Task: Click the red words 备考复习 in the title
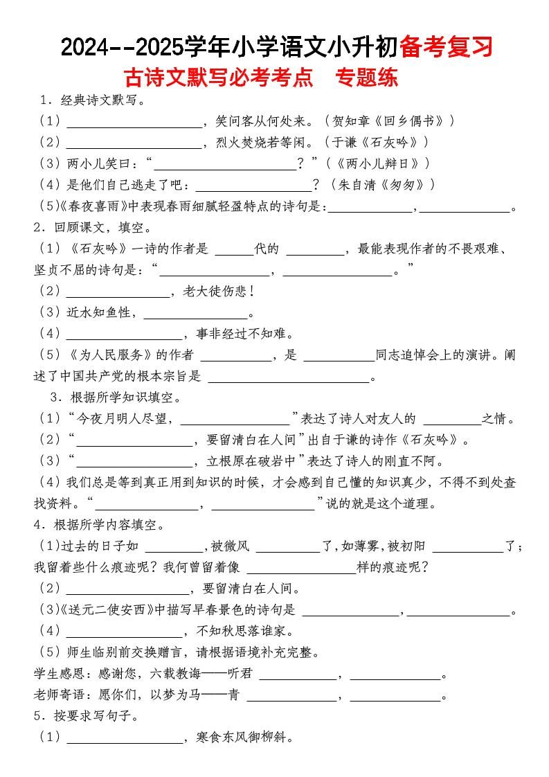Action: pyautogui.click(x=447, y=46)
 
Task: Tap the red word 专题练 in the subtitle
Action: pyautogui.click(x=366, y=76)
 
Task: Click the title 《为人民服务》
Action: pyautogui.click(x=114, y=355)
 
